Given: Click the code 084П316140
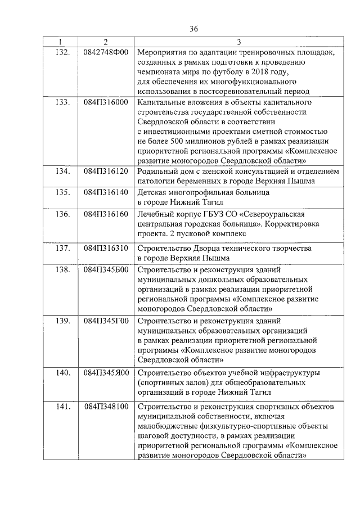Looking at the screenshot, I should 106,192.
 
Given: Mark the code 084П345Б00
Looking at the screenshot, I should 106,269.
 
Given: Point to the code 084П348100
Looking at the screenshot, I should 106,406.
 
